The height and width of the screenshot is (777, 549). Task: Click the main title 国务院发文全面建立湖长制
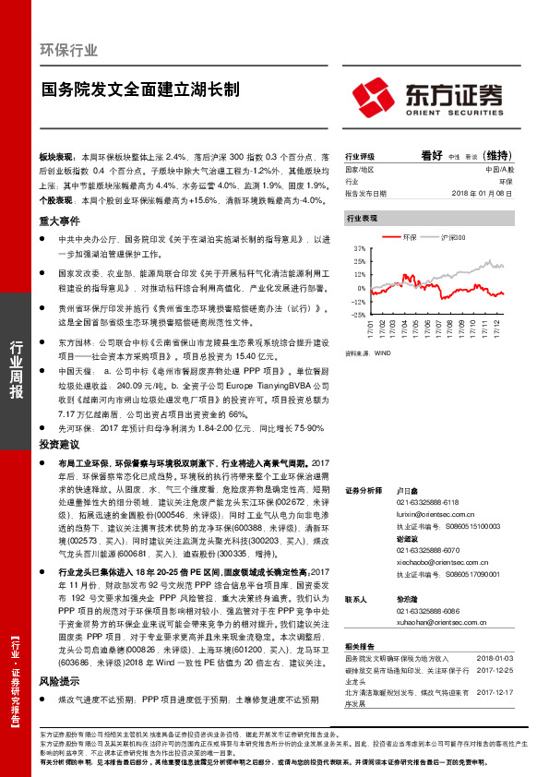(140, 90)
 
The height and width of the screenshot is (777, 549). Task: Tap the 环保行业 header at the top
(68, 49)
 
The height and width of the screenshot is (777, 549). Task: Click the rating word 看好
(432, 156)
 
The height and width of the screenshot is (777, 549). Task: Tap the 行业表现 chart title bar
(362, 219)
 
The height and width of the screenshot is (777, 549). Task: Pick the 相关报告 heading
(360, 646)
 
